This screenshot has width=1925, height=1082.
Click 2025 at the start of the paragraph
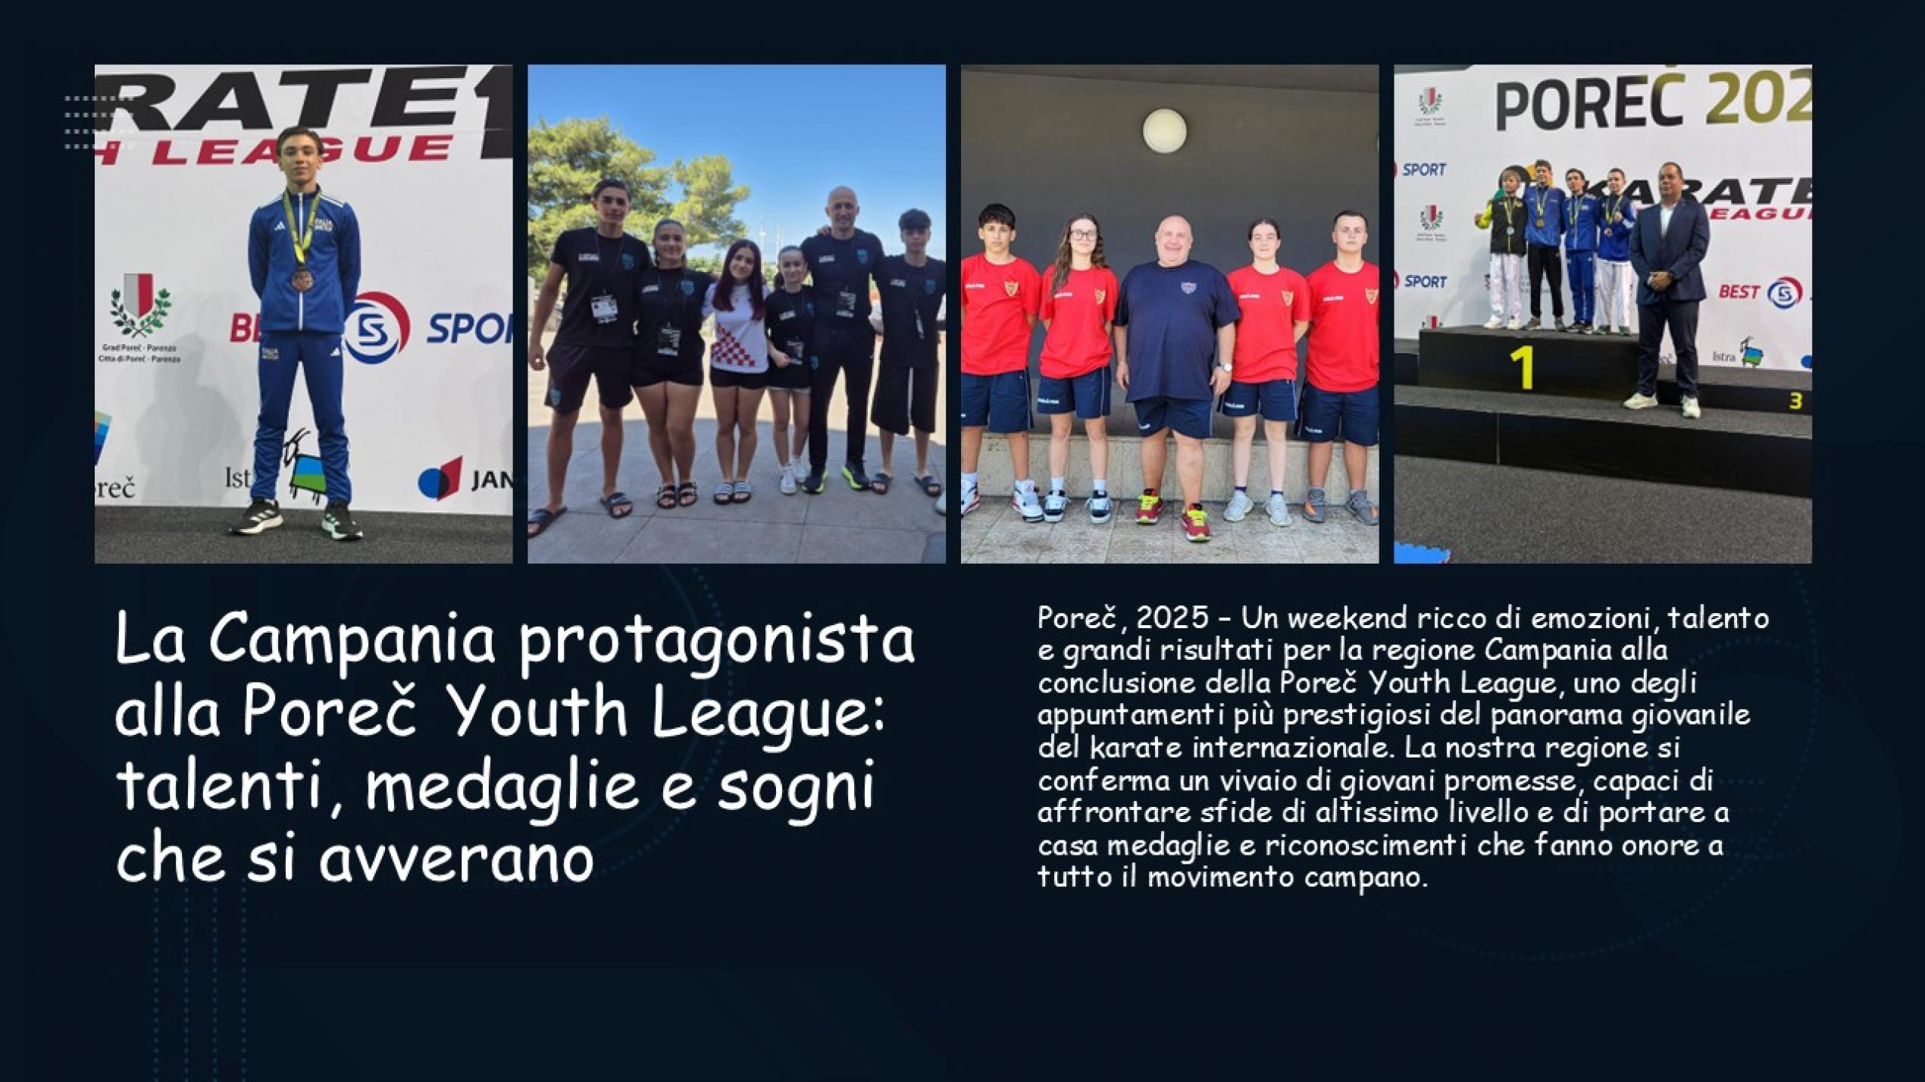pos(1172,618)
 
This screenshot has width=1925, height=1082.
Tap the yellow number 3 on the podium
pos(1795,401)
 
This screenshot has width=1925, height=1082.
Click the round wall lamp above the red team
pos(1165,130)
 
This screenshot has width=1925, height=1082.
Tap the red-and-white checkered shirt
pos(734,333)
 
